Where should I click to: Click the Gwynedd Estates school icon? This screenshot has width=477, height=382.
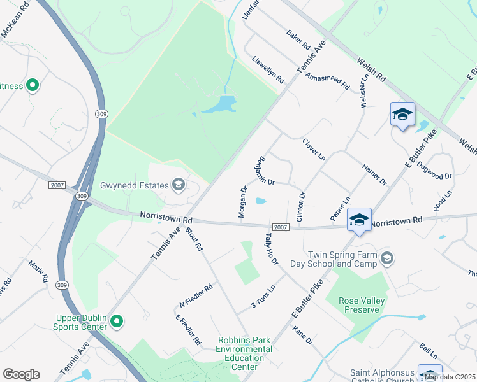pyautogui.click(x=179, y=185)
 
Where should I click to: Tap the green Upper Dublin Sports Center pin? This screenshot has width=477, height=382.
pyautogui.click(x=116, y=322)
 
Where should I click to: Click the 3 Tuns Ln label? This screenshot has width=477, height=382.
pyautogui.click(x=263, y=294)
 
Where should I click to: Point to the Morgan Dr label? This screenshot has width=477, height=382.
pyautogui.click(x=243, y=202)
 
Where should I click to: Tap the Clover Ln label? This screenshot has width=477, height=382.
pyautogui.click(x=314, y=149)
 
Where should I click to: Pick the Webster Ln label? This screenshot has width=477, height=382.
pyautogui.click(x=364, y=90)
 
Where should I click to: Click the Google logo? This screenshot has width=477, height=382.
pyautogui.click(x=21, y=374)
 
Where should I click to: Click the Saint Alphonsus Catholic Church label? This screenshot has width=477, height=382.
pyautogui.click(x=381, y=376)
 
